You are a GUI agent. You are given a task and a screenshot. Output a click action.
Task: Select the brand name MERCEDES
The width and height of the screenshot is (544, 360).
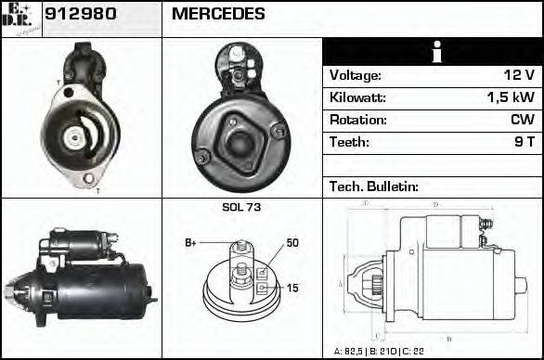(x=218, y=15)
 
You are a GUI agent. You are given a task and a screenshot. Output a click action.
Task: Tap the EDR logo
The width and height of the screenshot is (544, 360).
(x=20, y=18)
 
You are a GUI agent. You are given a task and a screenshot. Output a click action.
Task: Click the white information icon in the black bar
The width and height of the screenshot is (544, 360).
(x=433, y=52)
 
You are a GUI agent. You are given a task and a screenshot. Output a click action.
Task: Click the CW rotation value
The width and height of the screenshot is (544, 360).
(x=522, y=121)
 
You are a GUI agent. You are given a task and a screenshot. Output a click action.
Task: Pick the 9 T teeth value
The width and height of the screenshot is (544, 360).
(x=525, y=143)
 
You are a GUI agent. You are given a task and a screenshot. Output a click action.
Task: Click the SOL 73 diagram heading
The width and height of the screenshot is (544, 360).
(x=241, y=207)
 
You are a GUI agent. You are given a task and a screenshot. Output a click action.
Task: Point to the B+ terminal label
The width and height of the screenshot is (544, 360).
(x=190, y=243)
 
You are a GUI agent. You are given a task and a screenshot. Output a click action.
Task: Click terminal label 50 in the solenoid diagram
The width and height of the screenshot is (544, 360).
(x=292, y=243)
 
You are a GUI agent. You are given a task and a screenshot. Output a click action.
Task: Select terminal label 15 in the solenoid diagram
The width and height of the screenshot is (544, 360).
(x=292, y=289)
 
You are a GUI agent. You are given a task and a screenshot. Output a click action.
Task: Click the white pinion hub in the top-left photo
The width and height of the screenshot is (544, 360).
(x=72, y=137)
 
